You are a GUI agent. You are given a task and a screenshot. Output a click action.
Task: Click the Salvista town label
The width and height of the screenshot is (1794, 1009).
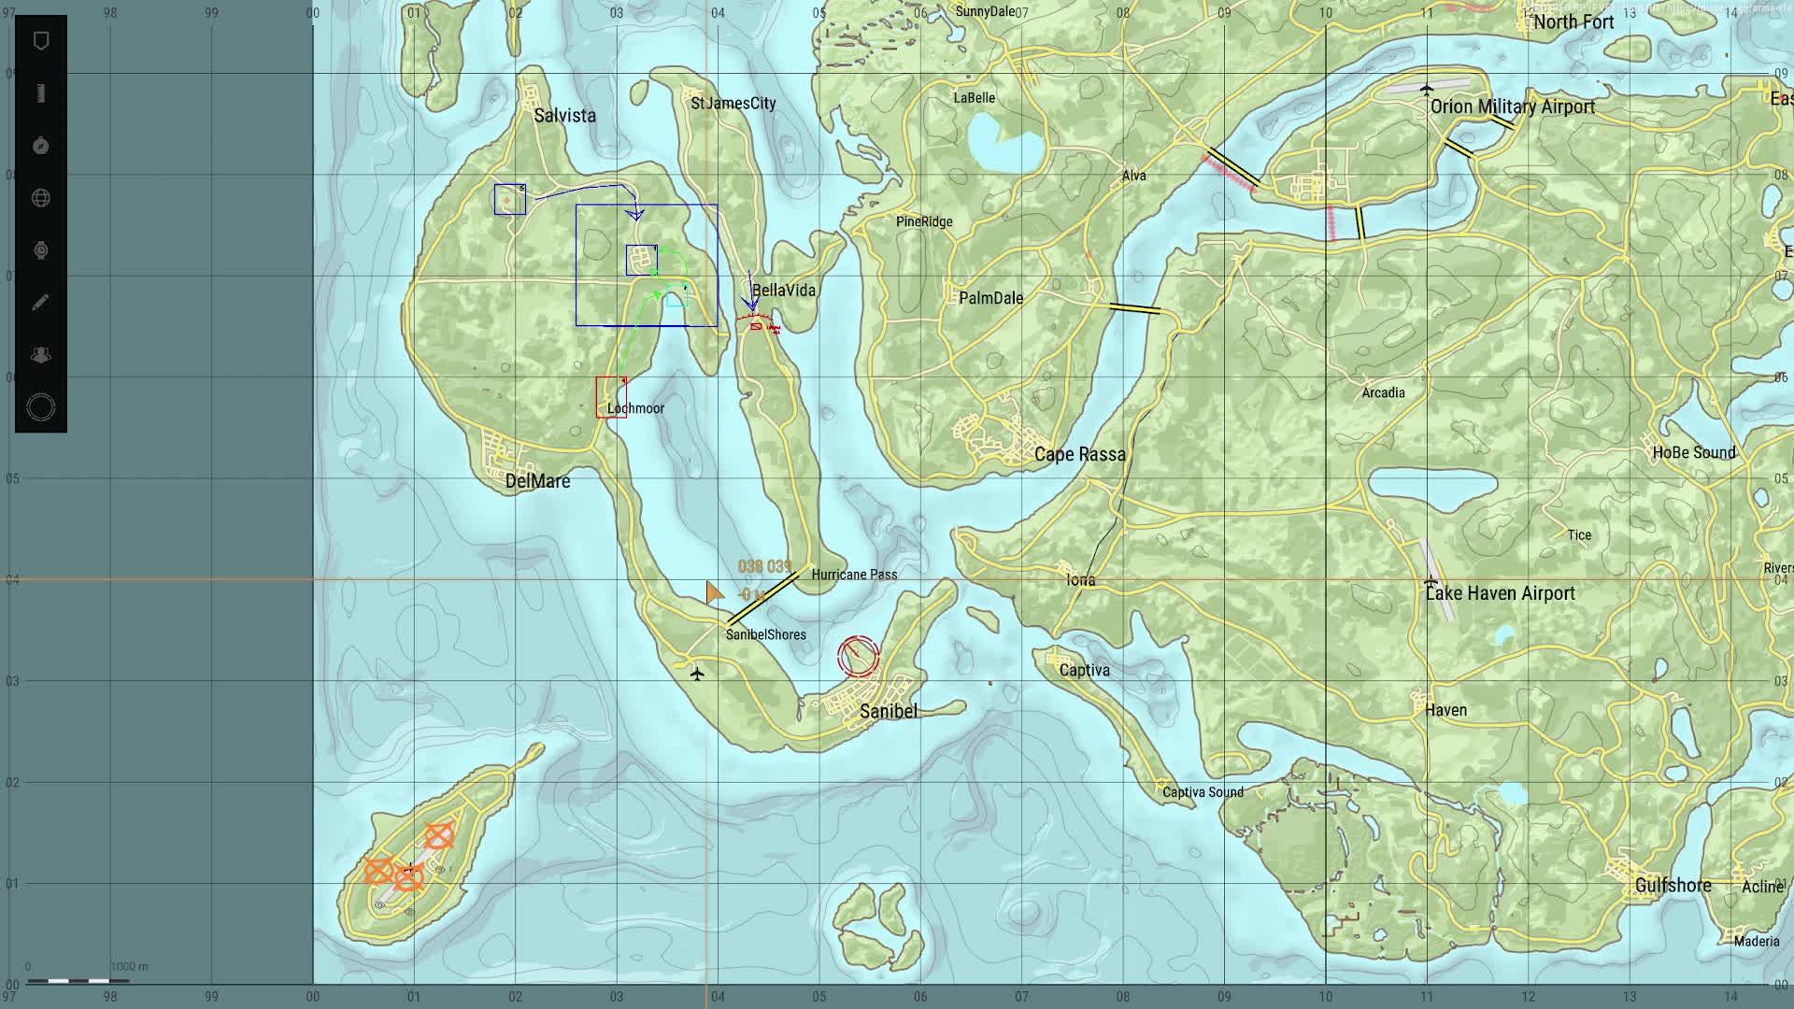point(564,116)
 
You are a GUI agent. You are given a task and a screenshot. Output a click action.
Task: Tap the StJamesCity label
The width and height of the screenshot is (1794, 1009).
point(733,103)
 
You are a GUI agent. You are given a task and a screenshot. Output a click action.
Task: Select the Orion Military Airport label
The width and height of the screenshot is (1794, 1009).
point(1512,107)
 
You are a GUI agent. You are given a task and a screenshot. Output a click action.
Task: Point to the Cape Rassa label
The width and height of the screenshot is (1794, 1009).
point(1079,455)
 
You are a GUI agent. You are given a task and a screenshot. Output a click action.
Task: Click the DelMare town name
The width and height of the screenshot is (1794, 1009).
point(537,481)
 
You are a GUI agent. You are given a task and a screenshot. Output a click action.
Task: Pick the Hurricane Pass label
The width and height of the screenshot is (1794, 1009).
point(854,575)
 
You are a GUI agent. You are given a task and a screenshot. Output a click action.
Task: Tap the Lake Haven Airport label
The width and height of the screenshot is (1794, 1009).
point(1501,593)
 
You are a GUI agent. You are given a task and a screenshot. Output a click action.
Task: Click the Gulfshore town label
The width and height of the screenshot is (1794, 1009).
point(1673,885)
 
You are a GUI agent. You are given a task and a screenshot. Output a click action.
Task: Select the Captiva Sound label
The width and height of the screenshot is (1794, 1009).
point(1203,792)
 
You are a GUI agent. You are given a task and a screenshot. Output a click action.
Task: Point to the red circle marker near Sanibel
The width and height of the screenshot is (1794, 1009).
point(858,656)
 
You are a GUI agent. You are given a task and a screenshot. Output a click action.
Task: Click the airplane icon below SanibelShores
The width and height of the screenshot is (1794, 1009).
point(696,674)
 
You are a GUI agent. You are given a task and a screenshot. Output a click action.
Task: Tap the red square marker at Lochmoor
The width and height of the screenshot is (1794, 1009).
point(611,397)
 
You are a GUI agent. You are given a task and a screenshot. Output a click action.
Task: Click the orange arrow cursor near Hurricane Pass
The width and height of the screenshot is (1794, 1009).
point(714,592)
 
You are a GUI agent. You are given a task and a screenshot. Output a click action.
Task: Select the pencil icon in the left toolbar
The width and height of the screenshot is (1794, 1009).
point(40,303)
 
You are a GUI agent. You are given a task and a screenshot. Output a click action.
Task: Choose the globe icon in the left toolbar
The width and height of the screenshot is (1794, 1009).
point(40,198)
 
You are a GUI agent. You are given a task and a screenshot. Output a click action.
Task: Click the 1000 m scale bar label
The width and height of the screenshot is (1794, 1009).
point(129,966)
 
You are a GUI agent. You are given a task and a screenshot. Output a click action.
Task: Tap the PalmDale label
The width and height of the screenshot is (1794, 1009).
point(990,298)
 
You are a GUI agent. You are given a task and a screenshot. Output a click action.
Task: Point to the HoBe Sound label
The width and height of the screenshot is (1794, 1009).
point(1693,452)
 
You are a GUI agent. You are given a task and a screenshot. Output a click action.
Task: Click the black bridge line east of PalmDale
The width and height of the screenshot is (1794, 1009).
point(1134,307)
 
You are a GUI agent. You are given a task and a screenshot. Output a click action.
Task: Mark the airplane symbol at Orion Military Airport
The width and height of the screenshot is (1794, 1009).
point(1426,90)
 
